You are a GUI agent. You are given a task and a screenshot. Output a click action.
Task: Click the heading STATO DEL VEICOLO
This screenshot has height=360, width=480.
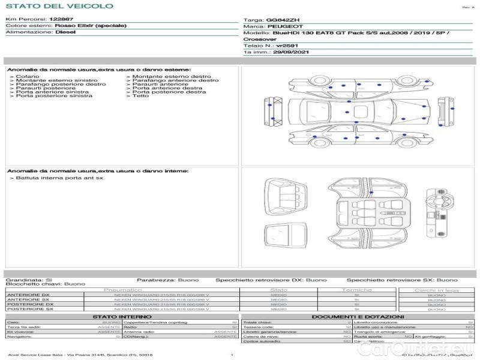click(59, 6)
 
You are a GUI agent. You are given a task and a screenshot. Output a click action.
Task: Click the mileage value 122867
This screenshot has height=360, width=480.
click(61, 19)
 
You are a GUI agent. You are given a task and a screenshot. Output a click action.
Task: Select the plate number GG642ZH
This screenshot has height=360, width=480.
click(283, 20)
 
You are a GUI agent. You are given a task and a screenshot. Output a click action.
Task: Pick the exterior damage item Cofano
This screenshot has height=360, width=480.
click(28, 77)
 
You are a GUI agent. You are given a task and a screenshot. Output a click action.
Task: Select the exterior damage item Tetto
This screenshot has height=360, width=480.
click(140, 96)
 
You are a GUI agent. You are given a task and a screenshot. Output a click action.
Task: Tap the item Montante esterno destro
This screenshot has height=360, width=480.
click(172, 77)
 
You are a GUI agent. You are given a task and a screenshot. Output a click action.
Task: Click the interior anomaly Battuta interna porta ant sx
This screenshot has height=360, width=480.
click(59, 178)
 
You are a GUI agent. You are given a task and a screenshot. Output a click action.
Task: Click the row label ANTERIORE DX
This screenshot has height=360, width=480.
click(28, 295)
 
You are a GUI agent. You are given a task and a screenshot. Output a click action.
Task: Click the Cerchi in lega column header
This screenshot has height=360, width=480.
click(436, 290)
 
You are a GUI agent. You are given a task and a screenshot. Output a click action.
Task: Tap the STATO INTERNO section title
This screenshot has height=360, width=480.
click(118, 317)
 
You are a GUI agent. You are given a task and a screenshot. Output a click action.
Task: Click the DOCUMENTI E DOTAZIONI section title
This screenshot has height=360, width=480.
click(358, 317)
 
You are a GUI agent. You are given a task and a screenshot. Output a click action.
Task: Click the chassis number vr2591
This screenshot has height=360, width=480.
click(287, 46)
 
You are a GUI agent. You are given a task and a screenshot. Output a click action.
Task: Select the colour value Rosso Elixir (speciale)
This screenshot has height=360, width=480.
click(91, 26)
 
